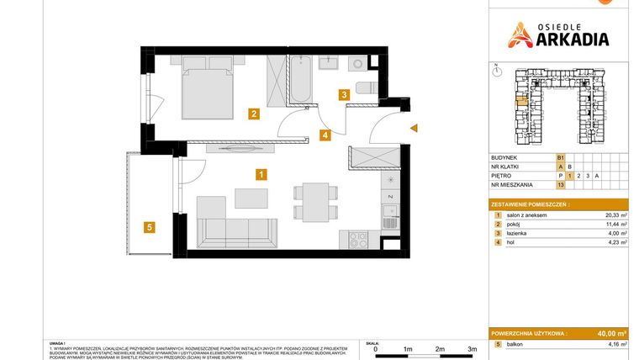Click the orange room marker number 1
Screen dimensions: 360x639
click(x=261, y=175)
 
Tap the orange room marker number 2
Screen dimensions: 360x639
click(x=253, y=114)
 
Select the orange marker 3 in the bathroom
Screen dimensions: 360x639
click(x=344, y=95)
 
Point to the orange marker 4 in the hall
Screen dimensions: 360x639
click(x=325, y=134)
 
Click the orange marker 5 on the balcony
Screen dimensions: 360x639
click(x=149, y=226)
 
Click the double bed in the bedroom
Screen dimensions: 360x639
click(x=209, y=84)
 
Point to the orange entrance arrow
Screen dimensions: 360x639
click(x=413, y=128)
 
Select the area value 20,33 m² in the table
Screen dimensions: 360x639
click(x=615, y=214)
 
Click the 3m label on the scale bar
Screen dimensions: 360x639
click(x=472, y=348)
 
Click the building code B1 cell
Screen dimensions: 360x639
click(x=561, y=156)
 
